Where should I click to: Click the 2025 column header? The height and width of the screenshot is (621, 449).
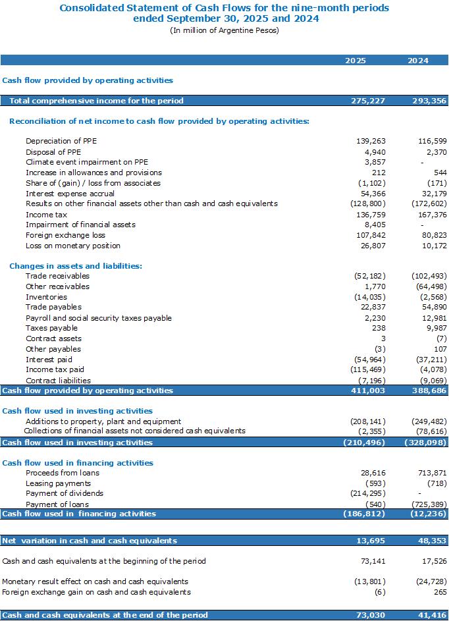tap(355, 61)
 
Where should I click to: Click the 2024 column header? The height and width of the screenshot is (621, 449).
tap(418, 61)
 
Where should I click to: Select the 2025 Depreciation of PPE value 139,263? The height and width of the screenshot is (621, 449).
tap(371, 141)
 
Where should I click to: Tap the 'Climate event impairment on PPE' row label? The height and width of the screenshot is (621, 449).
tap(87, 162)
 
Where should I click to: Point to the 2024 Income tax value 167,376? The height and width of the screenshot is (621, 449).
tap(433, 215)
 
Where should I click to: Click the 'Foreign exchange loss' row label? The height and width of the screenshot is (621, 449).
tap(65, 235)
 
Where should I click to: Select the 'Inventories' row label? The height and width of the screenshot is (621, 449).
tap(46, 297)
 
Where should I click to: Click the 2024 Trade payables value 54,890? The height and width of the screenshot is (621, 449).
tap(435, 307)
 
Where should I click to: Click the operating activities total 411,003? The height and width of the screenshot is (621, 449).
tap(368, 391)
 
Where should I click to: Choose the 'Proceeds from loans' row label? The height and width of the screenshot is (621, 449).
tap(63, 473)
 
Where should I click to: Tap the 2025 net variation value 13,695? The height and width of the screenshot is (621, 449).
tap(371, 541)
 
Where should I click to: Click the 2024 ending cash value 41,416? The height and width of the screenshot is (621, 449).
tap(433, 615)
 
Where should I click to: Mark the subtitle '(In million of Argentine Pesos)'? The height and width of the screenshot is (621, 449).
tap(224, 30)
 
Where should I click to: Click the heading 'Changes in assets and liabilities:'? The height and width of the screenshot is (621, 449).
tap(76, 266)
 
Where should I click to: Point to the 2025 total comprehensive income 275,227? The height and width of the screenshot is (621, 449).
tap(368, 101)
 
